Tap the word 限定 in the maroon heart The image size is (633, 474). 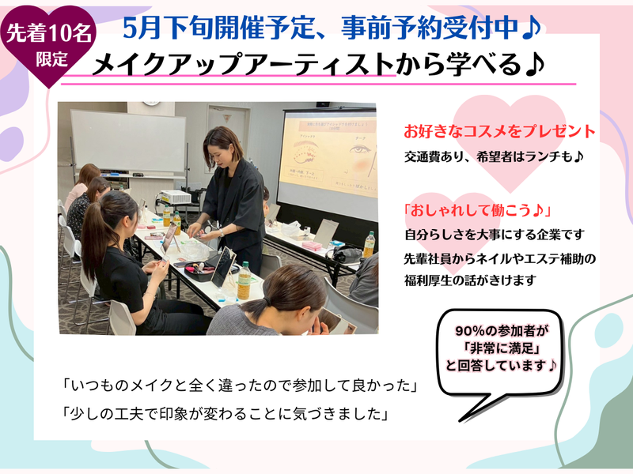pos(51,58)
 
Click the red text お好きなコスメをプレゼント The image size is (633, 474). pos(499,130)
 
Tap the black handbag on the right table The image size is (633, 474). pos(345,254)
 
